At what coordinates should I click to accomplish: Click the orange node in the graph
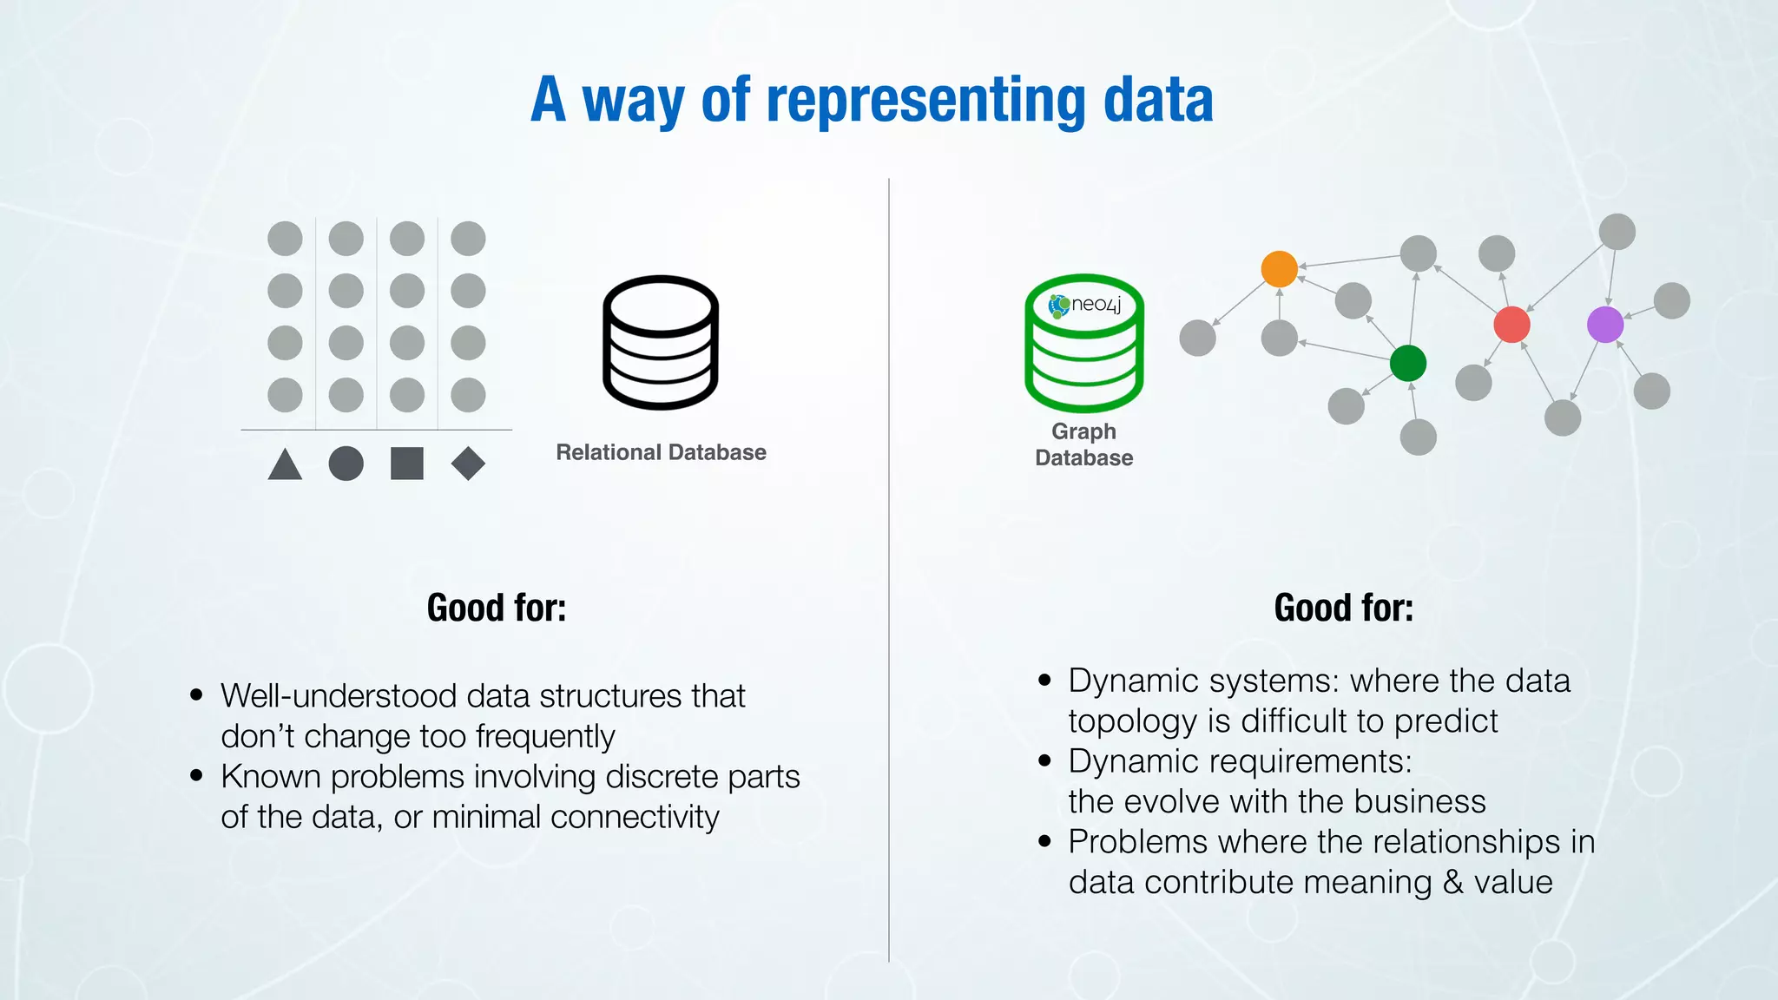1279,269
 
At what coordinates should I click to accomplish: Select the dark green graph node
1407,363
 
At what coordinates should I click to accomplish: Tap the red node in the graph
1511,325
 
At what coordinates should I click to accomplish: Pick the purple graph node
1605,325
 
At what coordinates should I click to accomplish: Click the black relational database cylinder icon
661,342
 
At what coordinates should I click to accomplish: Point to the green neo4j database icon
1084,344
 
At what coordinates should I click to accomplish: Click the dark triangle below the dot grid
285,464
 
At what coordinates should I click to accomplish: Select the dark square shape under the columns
407,464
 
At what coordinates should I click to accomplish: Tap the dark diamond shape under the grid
468,464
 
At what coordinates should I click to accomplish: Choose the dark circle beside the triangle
346,464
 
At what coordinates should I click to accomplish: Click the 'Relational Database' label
661,452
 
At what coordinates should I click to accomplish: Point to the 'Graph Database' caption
1084,444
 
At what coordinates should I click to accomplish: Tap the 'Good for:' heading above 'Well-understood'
496,608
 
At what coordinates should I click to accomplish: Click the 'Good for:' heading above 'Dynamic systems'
1343,608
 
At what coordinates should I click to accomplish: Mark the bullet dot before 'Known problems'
197,775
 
